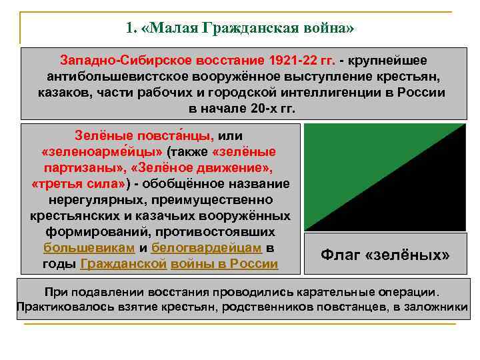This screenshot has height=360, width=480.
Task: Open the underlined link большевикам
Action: pyautogui.click(x=89, y=248)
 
